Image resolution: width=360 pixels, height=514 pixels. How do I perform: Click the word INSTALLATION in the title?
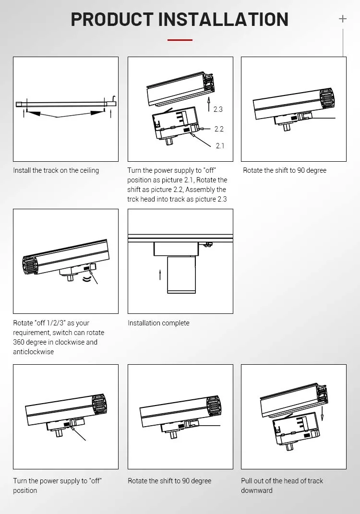coord(223,19)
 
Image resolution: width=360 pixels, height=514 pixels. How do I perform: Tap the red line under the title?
coord(180,40)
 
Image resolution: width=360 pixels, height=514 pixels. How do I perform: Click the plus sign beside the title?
coord(343,19)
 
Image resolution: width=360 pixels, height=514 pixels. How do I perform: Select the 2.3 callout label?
coord(218,109)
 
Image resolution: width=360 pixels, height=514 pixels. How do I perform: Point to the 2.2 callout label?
coord(219,129)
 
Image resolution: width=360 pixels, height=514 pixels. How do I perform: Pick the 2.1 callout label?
coord(220,146)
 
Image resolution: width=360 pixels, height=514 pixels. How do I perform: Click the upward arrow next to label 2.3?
coord(208,104)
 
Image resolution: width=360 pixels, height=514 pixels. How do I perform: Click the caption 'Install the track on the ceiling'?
coord(56,170)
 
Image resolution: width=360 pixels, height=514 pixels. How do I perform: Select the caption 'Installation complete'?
coord(159,323)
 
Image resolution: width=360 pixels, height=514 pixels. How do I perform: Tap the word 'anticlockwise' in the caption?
coord(34,352)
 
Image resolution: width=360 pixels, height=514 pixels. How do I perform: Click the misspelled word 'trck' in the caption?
coord(133,199)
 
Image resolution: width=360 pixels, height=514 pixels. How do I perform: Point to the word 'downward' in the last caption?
coord(257,490)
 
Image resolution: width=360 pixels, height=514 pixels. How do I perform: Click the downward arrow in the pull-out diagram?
coord(323,413)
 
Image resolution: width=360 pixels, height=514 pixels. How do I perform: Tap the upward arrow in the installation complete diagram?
coord(160,275)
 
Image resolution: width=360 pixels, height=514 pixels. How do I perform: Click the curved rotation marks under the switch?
coord(87,279)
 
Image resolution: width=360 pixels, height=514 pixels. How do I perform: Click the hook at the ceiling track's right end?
coord(114,99)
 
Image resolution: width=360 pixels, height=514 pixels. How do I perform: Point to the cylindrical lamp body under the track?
coord(181,275)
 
